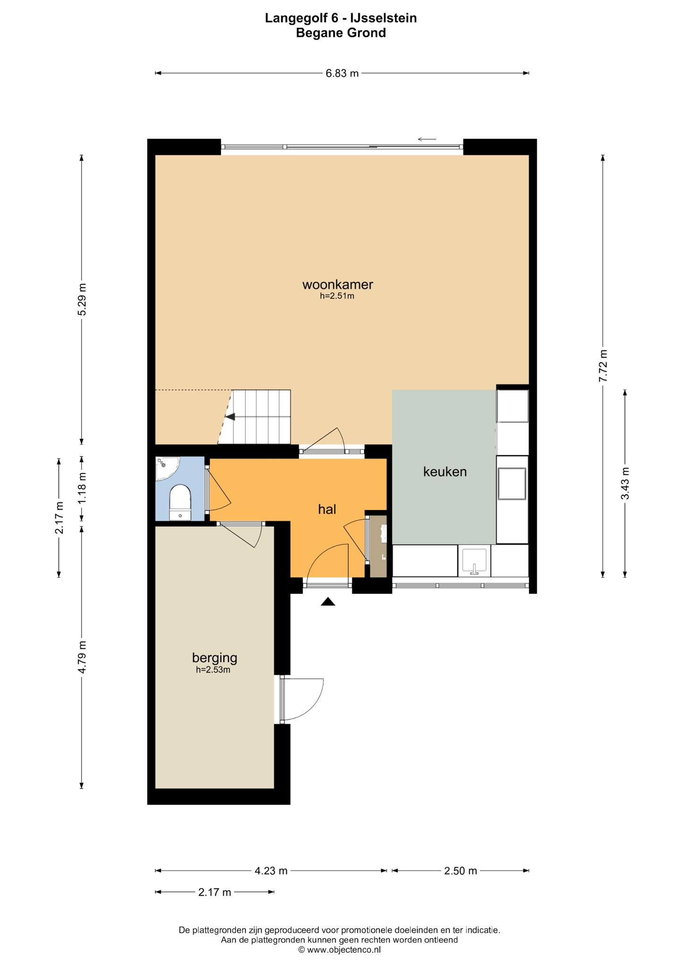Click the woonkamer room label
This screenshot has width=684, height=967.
tap(338, 285)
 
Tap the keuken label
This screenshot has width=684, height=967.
tap(445, 472)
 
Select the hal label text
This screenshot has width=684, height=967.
tap(327, 509)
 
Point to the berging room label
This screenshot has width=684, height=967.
tap(214, 657)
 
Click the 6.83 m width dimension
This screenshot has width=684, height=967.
tap(342, 73)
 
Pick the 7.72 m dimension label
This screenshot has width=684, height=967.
tap(603, 366)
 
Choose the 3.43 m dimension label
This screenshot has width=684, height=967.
tap(625, 483)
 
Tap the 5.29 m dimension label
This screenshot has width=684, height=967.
tap(82, 299)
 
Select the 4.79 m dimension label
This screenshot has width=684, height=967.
tap(82, 657)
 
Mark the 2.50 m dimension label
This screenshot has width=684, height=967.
tap(460, 871)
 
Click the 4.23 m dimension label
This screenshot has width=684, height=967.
tap(271, 871)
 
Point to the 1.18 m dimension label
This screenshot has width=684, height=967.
tap(82, 488)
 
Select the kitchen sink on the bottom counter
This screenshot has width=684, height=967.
tap(474, 561)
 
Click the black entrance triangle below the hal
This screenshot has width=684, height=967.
tap(328, 602)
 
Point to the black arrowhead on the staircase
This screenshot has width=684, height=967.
tap(230, 416)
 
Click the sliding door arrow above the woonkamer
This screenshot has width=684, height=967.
tap(427, 139)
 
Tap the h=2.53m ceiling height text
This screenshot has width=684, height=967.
tap(213, 670)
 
